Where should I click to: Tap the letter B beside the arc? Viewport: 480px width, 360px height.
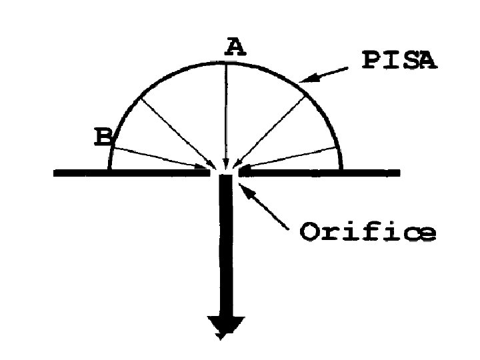(103, 137)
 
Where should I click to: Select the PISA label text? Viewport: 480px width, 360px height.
(398, 61)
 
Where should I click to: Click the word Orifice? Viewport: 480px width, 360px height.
(368, 233)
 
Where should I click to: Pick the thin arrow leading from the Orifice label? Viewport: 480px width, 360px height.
(267, 209)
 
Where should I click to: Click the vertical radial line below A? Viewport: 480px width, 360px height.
(226, 113)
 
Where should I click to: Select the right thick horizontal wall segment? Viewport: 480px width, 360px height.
(320, 173)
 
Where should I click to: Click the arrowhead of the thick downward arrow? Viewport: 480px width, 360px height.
(226, 326)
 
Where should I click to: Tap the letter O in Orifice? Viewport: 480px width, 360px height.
(309, 233)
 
